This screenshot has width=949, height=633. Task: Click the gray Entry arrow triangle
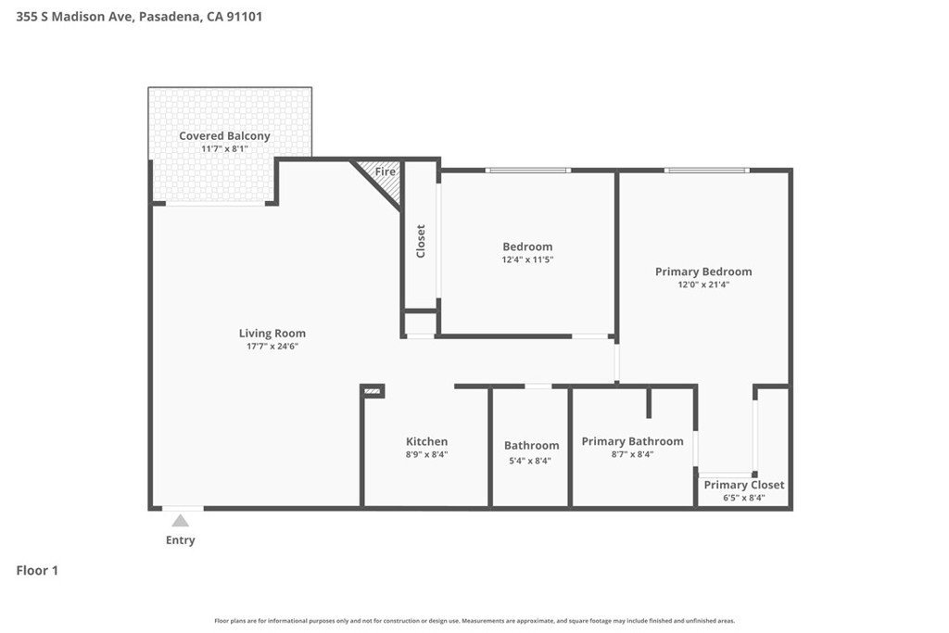(x=180, y=521)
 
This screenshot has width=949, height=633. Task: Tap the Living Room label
(x=272, y=333)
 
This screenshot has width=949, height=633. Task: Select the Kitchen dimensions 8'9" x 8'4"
(x=426, y=454)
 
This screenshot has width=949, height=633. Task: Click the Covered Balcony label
(x=224, y=136)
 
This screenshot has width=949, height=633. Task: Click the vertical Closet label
(x=421, y=241)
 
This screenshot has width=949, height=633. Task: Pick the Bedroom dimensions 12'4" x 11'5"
(x=527, y=260)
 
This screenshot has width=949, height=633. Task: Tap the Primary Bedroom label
(x=703, y=272)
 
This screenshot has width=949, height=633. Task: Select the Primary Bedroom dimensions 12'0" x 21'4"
(x=703, y=285)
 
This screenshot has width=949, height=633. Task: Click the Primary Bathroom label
(x=632, y=441)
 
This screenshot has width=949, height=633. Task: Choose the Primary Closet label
(x=744, y=485)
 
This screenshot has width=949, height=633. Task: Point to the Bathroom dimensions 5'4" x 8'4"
(x=530, y=461)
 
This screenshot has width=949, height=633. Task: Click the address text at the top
(x=139, y=17)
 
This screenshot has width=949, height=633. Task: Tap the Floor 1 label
(x=37, y=570)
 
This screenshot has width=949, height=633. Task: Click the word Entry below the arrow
(x=181, y=539)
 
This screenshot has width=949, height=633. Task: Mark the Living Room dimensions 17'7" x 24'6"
(x=272, y=346)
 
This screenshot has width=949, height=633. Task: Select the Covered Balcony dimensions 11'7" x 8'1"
(x=224, y=149)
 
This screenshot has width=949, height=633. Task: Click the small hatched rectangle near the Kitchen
(x=373, y=391)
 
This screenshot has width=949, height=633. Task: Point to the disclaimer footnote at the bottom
(x=474, y=621)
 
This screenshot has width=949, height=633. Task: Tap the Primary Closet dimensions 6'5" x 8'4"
(x=744, y=498)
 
